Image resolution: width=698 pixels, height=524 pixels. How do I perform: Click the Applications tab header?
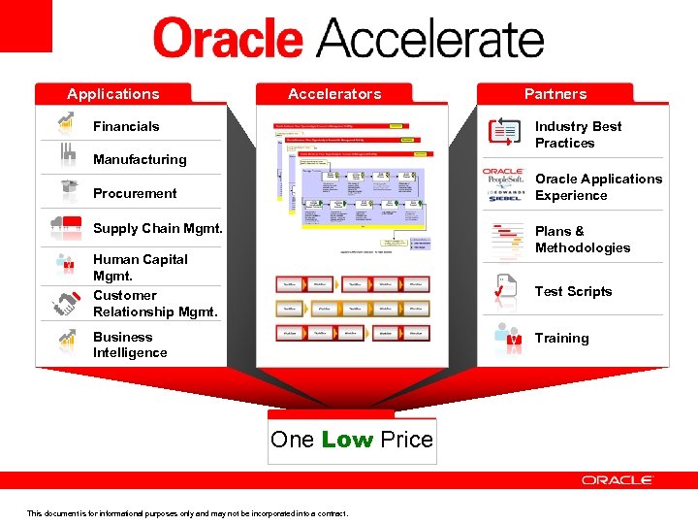pos(112,94)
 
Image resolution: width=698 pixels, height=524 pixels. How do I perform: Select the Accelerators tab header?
pos(334,94)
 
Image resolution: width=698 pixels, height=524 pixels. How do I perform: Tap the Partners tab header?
pos(555,94)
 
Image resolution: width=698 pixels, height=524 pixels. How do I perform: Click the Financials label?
pos(126,126)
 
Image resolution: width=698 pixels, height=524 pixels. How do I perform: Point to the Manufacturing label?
pos(140,159)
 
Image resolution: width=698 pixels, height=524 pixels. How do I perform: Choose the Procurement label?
pos(135,193)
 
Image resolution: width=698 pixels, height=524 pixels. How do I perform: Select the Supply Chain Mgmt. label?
pos(157,228)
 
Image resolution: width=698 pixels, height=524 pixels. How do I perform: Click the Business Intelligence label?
pos(130,344)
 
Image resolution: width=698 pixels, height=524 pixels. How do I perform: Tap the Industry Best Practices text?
pos(578,134)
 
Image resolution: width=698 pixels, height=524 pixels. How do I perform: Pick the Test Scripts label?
pos(573,291)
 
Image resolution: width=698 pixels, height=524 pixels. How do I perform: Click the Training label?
pos(561,338)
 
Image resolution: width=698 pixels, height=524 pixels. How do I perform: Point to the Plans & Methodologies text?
pos(582,239)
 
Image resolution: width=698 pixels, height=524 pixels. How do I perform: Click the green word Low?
pos(347,440)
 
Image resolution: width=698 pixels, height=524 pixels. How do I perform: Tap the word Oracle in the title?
pos(228,41)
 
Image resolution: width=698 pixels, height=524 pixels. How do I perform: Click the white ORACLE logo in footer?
pos(618,480)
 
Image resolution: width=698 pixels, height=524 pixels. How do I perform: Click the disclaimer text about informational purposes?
pos(187,513)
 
